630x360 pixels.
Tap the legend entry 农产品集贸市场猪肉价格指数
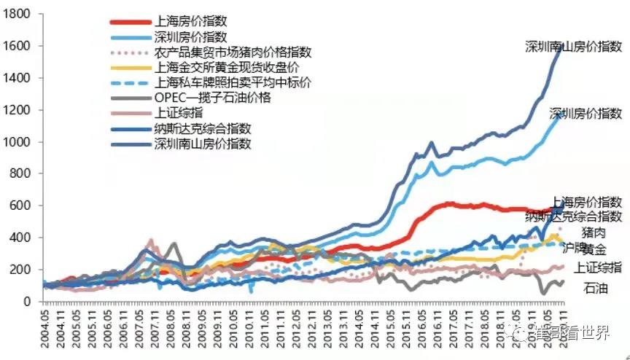tap(233, 52)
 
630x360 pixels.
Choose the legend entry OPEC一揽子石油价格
tap(212, 98)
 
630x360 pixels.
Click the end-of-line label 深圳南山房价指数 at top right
tap(573, 47)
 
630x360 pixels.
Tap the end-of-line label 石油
tap(595, 288)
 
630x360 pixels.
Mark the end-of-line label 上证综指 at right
tap(598, 267)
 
